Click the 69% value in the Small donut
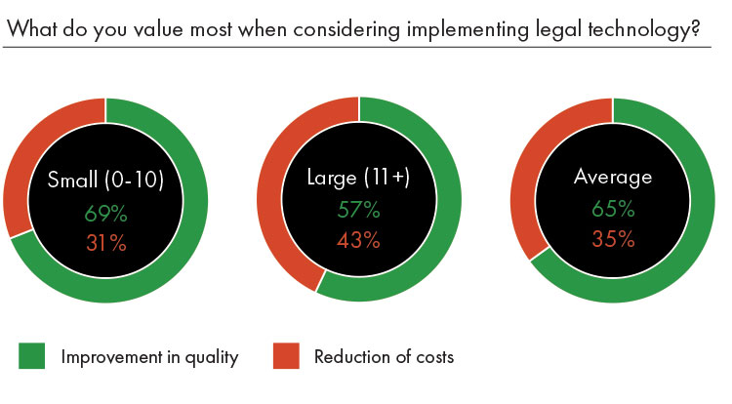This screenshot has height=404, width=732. click(105, 212)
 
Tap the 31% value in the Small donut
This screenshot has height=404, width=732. click(105, 242)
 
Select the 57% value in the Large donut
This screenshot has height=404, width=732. click(358, 212)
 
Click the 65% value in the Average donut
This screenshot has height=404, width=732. click(613, 209)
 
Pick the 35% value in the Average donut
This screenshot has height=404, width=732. click(613, 240)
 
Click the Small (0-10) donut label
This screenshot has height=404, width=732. click(105, 180)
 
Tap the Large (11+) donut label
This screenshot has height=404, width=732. click(358, 180)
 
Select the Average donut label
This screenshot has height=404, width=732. click(613, 179)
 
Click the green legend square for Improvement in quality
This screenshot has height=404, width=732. click(32, 356)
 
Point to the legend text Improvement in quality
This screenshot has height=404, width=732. click(149, 357)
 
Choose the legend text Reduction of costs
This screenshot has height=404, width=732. click(384, 357)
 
